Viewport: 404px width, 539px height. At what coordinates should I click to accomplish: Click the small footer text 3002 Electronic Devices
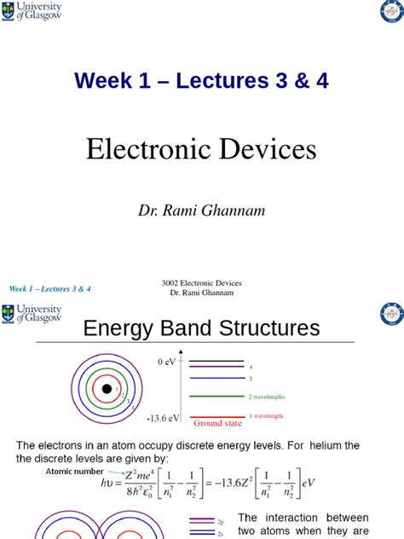[201, 283]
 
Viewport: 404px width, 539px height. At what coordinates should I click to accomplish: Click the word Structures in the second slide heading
[266, 329]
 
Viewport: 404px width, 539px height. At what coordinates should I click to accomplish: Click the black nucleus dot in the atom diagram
[107, 390]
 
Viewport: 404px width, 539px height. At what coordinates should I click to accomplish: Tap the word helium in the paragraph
[325, 445]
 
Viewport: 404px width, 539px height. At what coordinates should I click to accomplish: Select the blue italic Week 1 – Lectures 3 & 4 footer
[49, 289]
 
